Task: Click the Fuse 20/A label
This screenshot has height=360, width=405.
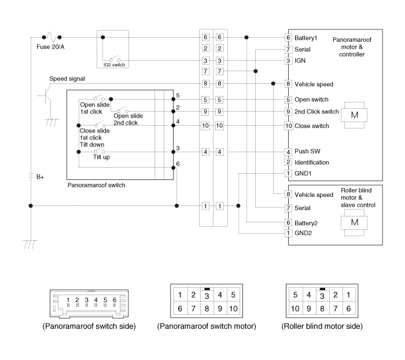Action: (x=50, y=47)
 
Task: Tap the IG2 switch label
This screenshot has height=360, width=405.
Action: (x=114, y=65)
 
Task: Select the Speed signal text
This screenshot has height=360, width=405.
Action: (x=67, y=79)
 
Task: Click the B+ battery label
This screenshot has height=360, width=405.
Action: (x=40, y=177)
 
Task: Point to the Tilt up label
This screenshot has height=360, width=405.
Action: (x=101, y=157)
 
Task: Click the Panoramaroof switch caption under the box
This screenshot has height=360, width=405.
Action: (x=97, y=185)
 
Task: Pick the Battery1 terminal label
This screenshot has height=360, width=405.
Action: (x=306, y=38)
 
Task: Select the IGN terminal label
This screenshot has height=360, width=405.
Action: (x=300, y=60)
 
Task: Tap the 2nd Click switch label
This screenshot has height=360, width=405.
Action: (x=316, y=112)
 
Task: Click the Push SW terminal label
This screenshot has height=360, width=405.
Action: (x=307, y=151)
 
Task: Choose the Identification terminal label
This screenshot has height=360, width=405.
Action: (x=312, y=162)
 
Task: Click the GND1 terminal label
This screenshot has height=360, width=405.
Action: (x=303, y=174)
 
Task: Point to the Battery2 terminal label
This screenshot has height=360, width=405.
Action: (x=306, y=223)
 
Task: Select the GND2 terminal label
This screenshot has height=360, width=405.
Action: (x=303, y=233)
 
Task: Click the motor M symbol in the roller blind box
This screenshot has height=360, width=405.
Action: (x=354, y=222)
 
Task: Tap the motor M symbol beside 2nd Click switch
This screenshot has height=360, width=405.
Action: (x=354, y=115)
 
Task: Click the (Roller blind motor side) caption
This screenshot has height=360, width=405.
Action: (x=322, y=326)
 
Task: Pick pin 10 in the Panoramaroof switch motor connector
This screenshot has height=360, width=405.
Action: (x=233, y=308)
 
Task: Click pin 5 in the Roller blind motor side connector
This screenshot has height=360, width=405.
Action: (x=296, y=295)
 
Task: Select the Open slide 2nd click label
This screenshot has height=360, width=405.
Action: (x=128, y=119)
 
